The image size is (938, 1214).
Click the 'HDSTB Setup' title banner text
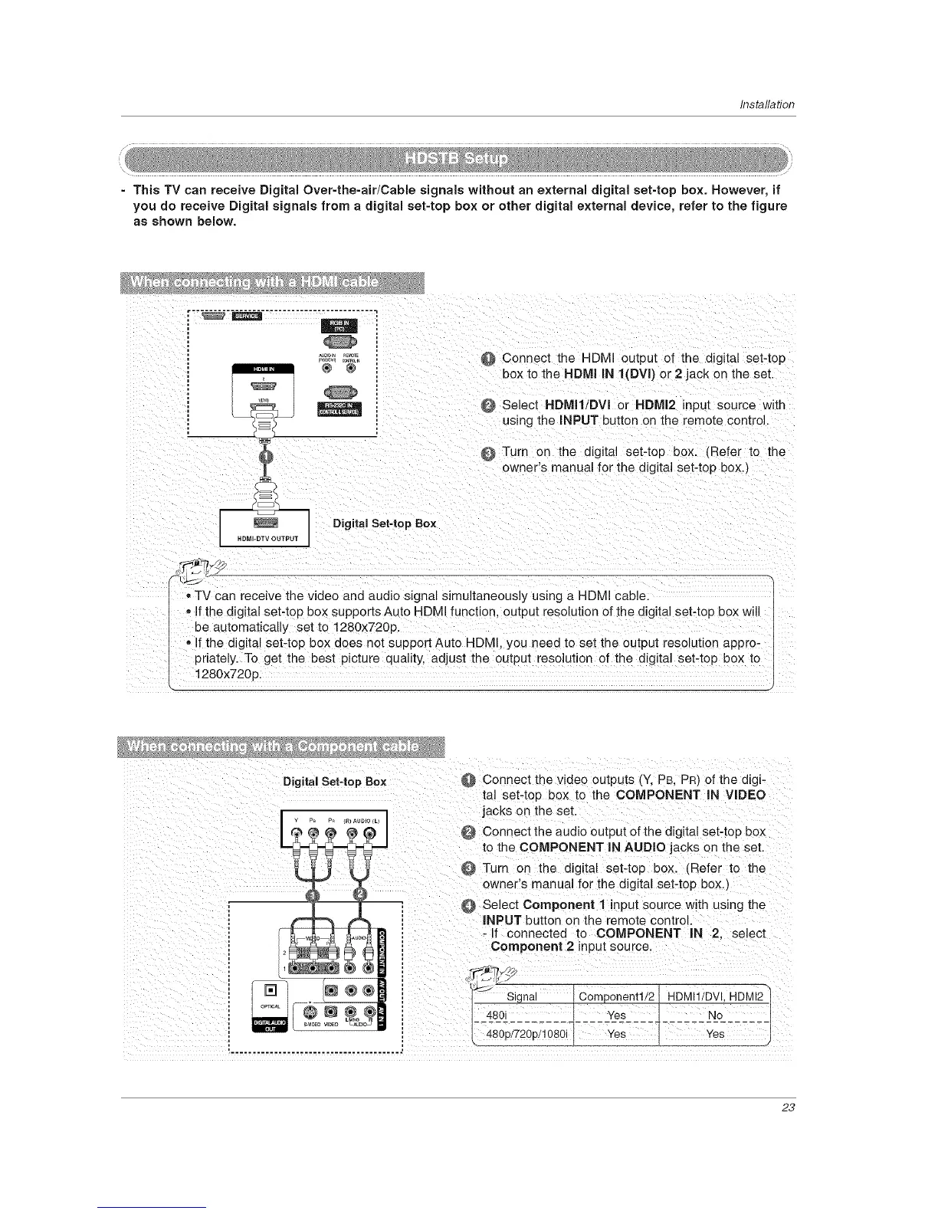pos(456,159)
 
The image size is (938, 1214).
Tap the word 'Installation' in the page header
pos(768,105)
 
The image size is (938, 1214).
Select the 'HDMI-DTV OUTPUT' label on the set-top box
pos(264,537)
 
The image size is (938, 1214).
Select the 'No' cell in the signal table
pos(715,1015)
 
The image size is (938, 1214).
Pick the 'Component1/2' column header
pos(615,996)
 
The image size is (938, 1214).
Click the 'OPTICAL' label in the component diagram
pos(269,1006)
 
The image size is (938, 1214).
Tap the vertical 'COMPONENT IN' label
pos(385,947)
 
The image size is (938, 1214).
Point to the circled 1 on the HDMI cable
pos(264,458)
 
